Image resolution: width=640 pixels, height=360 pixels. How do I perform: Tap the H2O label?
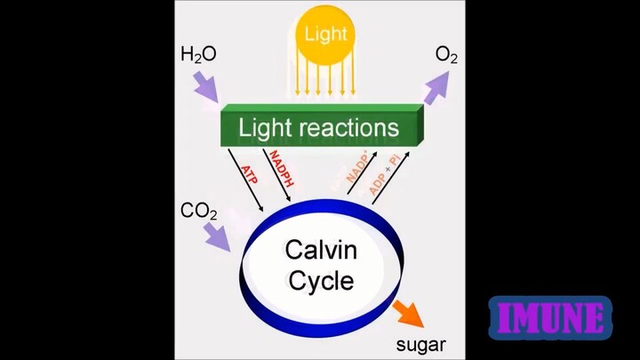tap(198, 55)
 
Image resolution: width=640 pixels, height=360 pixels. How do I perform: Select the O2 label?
tap(446, 57)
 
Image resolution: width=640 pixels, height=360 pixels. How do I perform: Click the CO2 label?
tap(198, 212)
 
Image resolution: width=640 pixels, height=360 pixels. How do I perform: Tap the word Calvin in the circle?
tap(320, 249)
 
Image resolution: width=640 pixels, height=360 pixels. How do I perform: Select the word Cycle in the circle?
tap(320, 282)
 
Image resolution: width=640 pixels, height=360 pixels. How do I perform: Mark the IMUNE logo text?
tap(550, 317)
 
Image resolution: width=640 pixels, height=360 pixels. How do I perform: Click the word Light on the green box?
tap(264, 128)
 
